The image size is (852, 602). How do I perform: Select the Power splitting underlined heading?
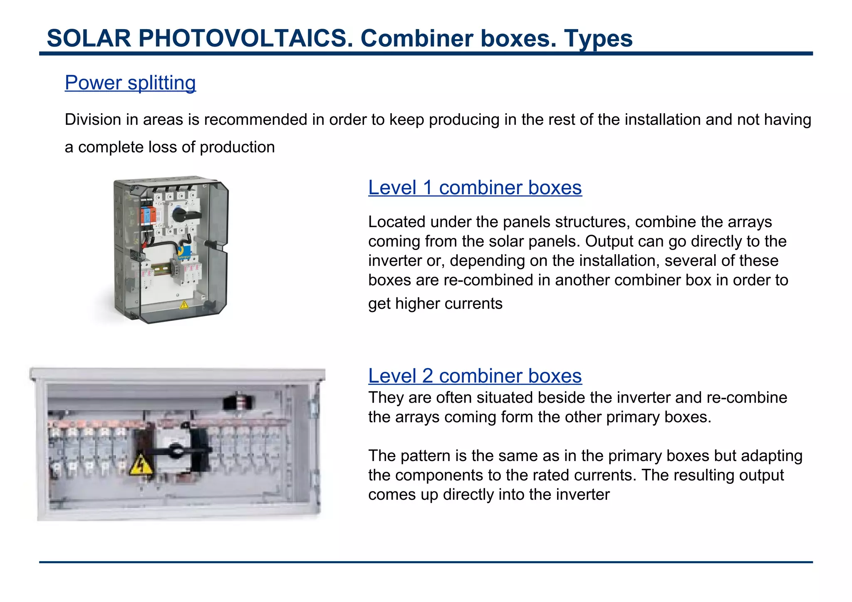pos(130,82)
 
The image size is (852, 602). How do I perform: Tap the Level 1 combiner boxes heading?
pos(475,188)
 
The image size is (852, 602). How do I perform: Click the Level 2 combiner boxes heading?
pos(475,376)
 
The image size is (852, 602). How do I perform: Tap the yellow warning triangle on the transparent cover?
pos(183,305)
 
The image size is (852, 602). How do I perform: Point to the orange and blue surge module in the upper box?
pos(148,216)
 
